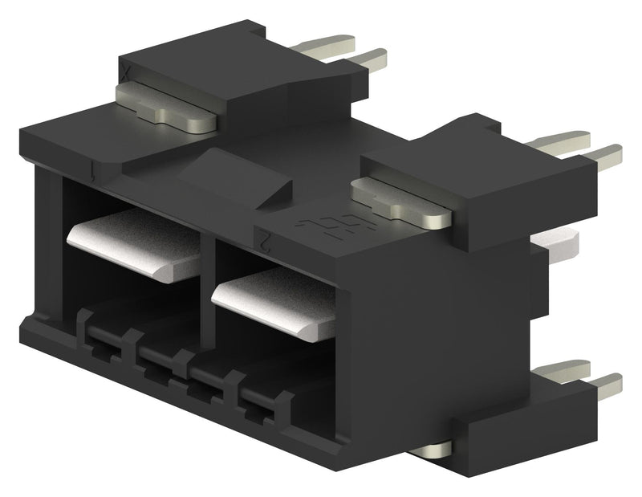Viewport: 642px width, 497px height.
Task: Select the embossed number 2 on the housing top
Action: (262, 235)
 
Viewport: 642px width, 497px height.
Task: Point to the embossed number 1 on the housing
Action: (97, 171)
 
